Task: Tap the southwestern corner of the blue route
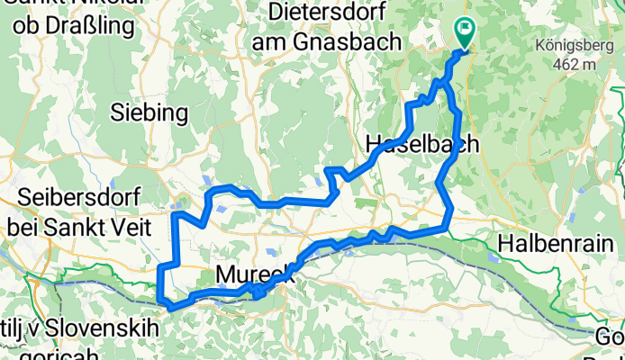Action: click(161, 299)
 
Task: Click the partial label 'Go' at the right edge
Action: click(611, 337)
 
